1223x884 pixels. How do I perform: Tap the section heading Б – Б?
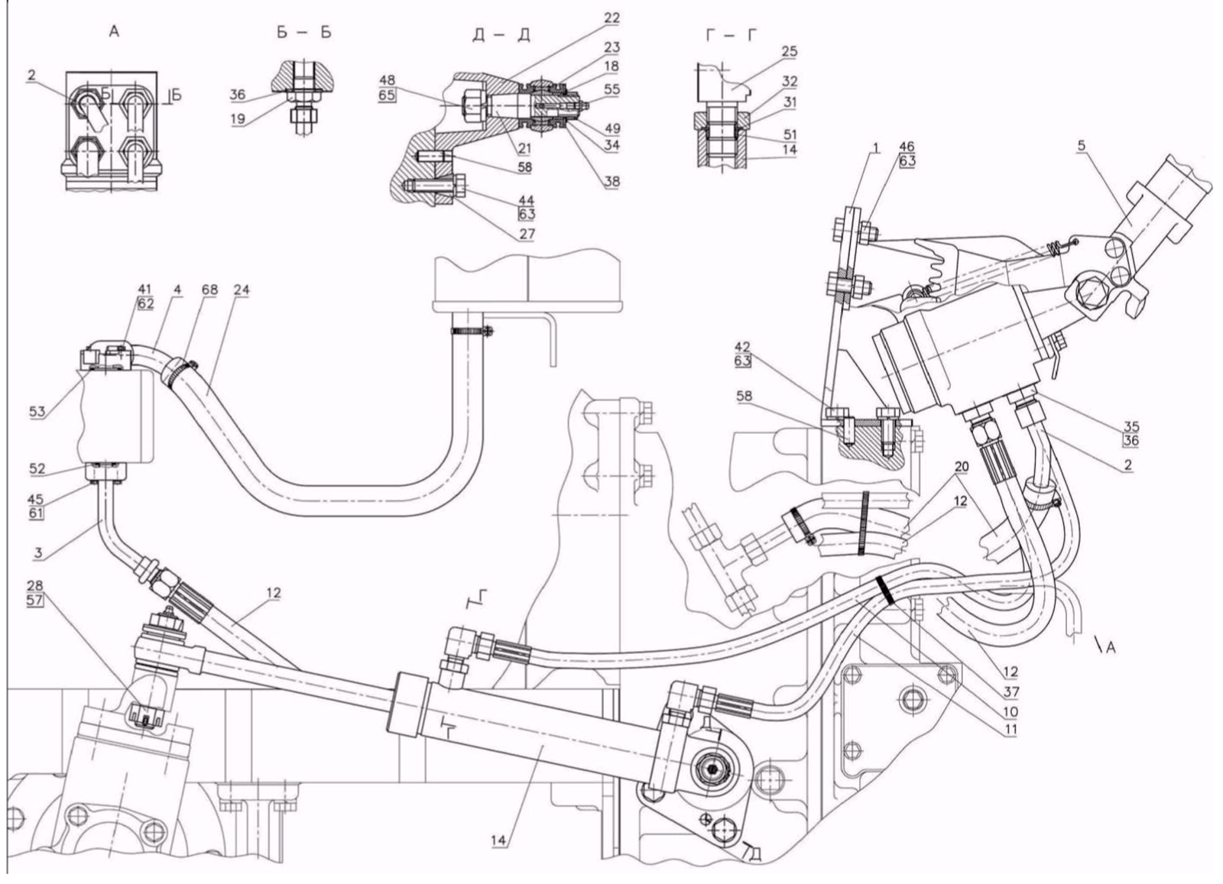pyautogui.click(x=303, y=32)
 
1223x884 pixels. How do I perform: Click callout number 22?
pyautogui.click(x=612, y=18)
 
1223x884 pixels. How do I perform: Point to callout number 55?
pyautogui.click(x=612, y=89)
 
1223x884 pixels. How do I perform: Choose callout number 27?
pyautogui.click(x=527, y=234)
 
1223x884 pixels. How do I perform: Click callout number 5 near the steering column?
pyautogui.click(x=1082, y=145)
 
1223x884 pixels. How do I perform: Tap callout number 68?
pyautogui.click(x=209, y=290)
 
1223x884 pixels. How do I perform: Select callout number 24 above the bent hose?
pyautogui.click(x=241, y=290)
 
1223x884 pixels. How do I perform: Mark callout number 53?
pyautogui.click(x=37, y=412)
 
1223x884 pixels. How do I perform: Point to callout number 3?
pyautogui.click(x=37, y=553)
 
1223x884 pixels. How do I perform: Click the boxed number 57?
pyautogui.click(x=35, y=601)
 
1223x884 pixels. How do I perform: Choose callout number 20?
pyautogui.click(x=962, y=467)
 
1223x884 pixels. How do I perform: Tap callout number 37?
pyautogui.click(x=1011, y=692)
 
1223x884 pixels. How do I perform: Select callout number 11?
pyautogui.click(x=1011, y=730)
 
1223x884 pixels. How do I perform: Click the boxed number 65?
pyautogui.click(x=387, y=95)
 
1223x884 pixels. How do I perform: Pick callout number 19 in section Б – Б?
pyautogui.click(x=238, y=119)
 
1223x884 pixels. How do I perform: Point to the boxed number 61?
pyautogui.click(x=35, y=513)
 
